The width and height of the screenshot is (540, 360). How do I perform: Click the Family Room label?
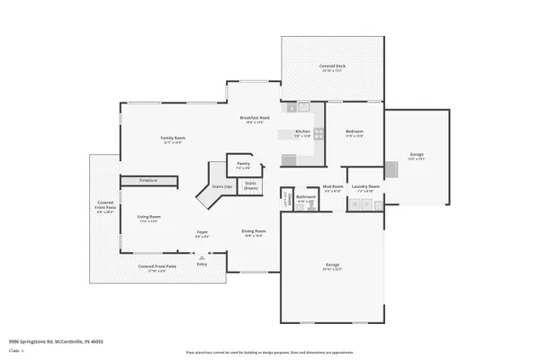[172, 139]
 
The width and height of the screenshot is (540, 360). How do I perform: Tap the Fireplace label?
[148, 181]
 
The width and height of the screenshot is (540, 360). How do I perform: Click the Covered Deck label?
[332, 68]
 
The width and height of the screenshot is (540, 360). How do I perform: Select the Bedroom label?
[355, 135]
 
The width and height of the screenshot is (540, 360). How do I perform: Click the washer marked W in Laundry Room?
[357, 205]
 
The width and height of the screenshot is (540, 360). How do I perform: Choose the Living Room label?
[148, 219]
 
